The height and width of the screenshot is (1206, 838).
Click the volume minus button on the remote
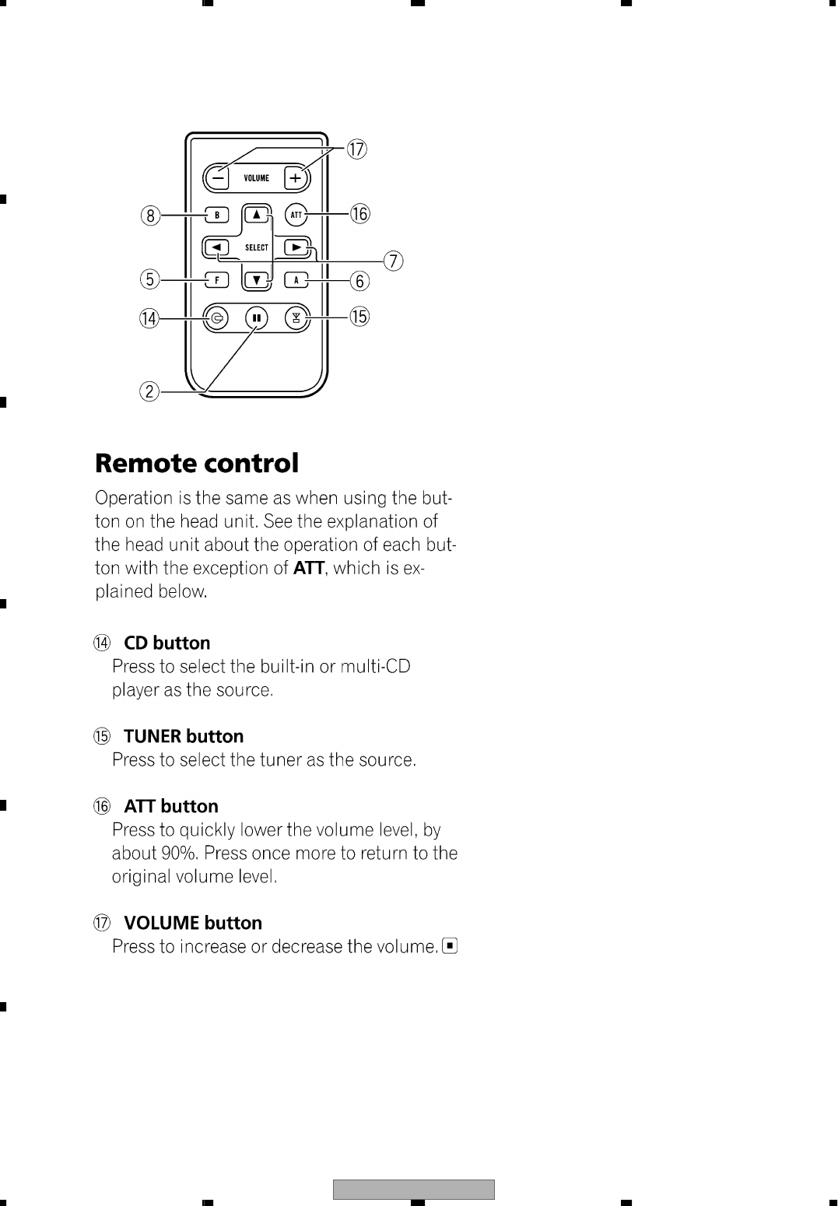pyautogui.click(x=219, y=178)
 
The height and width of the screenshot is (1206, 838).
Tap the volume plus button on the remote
pyautogui.click(x=295, y=178)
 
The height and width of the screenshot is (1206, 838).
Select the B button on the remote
pyautogui.click(x=217, y=214)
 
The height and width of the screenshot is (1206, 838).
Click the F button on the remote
pyautogui.click(x=217, y=279)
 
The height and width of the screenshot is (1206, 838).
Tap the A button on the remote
pyautogui.click(x=296, y=279)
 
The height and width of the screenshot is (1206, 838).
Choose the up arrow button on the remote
pyautogui.click(x=257, y=214)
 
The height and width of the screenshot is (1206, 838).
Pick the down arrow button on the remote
pyautogui.click(x=257, y=279)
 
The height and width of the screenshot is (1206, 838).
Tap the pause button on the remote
pyautogui.click(x=256, y=318)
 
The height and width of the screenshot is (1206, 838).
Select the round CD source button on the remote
pyautogui.click(x=217, y=318)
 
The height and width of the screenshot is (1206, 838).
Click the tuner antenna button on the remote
pyautogui.click(x=296, y=318)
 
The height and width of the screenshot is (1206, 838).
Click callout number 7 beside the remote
pyautogui.click(x=394, y=261)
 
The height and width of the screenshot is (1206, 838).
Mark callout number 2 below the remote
pyautogui.click(x=149, y=391)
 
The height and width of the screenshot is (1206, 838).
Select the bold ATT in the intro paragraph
pyautogui.click(x=308, y=568)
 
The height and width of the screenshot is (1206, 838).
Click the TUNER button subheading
pyautogui.click(x=184, y=736)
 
